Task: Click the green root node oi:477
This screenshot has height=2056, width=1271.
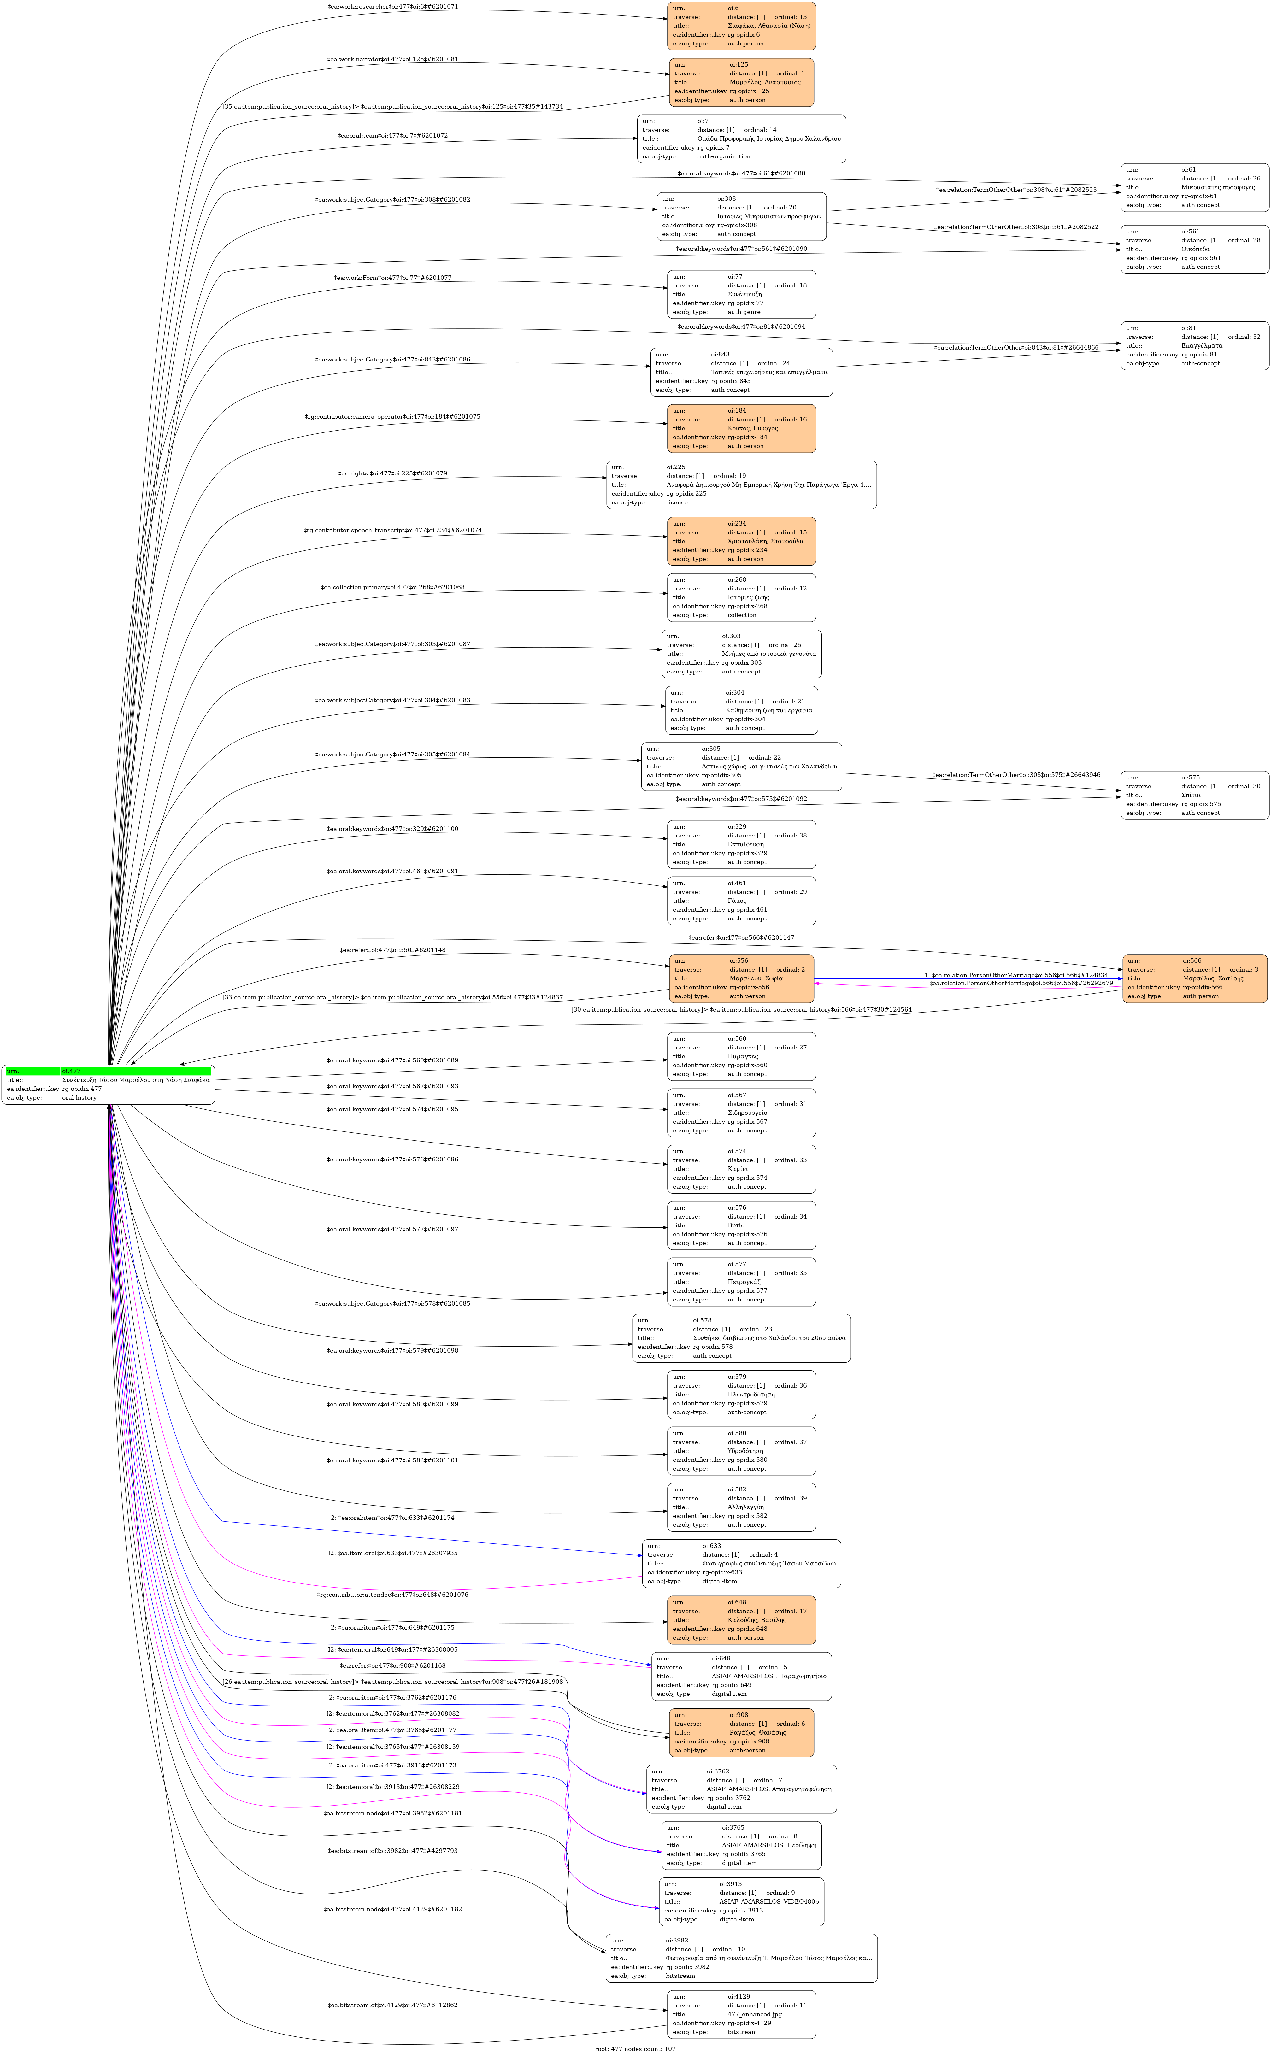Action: pos(108,1084)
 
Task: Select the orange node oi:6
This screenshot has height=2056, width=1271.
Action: pos(741,26)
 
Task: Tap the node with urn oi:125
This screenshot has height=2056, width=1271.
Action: pos(741,82)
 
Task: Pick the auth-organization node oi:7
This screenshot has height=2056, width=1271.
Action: pos(741,139)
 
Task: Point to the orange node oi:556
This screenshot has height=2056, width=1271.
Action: pos(741,978)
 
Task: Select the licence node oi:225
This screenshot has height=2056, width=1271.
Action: pos(741,485)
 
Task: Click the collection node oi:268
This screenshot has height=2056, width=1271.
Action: pos(741,598)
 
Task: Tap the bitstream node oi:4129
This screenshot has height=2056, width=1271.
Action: pos(741,2014)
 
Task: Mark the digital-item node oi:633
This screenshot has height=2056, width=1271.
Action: pos(741,1563)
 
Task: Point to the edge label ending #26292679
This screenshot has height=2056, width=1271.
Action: pos(1015,983)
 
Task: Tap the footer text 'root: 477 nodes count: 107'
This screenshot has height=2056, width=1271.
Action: pos(635,2048)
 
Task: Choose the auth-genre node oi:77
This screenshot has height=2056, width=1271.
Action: pos(741,294)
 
